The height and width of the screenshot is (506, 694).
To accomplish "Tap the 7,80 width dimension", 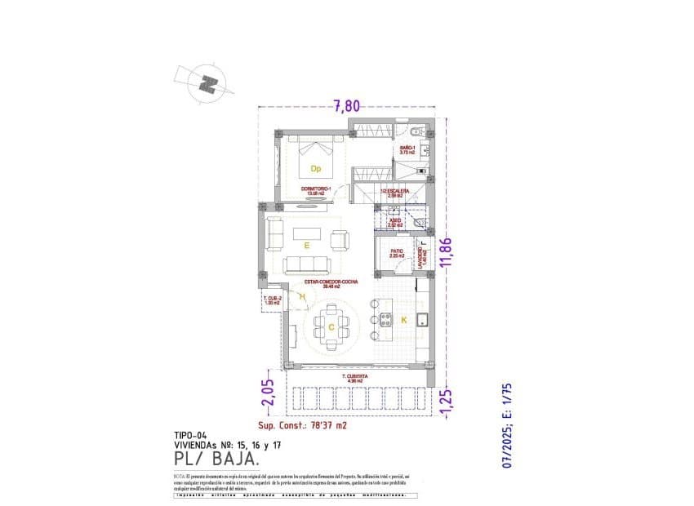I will tap(347, 104).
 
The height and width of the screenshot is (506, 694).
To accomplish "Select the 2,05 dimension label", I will tap(267, 393).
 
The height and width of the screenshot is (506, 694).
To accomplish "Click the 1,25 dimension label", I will tap(446, 402).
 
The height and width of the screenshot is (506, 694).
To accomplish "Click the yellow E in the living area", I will tap(307, 244).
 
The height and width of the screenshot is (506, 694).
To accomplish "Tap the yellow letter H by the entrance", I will tap(302, 297).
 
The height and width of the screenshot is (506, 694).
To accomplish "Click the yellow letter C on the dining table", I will tap(331, 327).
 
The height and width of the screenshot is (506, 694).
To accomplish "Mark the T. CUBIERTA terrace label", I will tap(354, 376).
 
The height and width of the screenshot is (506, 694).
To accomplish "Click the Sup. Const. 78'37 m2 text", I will tap(303, 425).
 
